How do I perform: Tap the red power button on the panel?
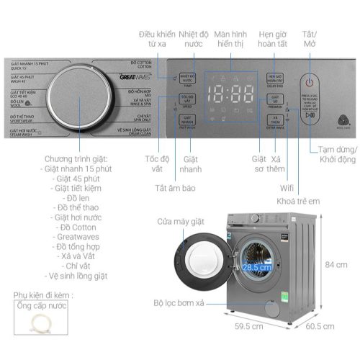pyautogui.click(x=310, y=81)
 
